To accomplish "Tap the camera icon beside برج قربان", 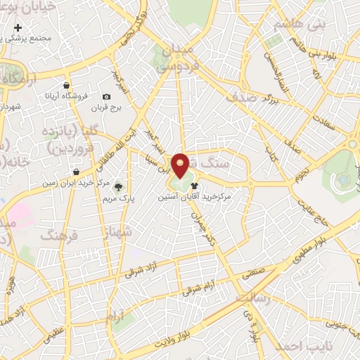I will (x=106, y=96).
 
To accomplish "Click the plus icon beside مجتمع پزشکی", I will (x=18, y=27).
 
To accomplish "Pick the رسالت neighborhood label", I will (x=252, y=297).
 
